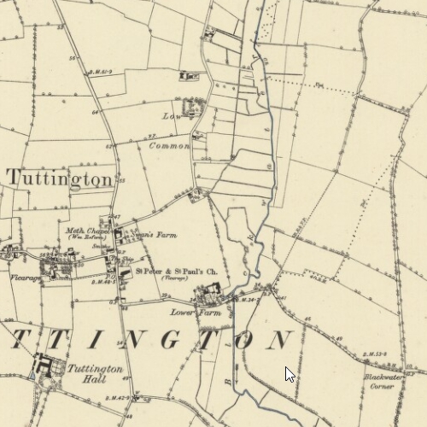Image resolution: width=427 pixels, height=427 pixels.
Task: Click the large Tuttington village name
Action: tap(60, 178)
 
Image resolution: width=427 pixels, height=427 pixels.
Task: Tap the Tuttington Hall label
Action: tap(97, 374)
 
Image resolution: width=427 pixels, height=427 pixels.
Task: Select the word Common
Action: tap(169, 146)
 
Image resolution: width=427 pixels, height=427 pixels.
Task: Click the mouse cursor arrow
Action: tap(290, 373)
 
